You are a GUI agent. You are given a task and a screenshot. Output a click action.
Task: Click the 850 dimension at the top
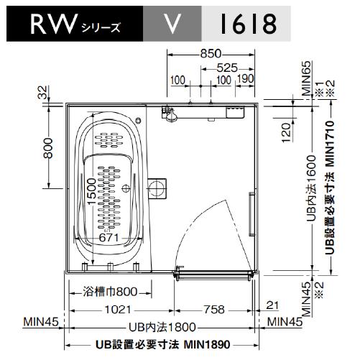click(x=211, y=54)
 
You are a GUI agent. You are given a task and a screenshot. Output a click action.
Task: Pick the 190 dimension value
click(x=245, y=78)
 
